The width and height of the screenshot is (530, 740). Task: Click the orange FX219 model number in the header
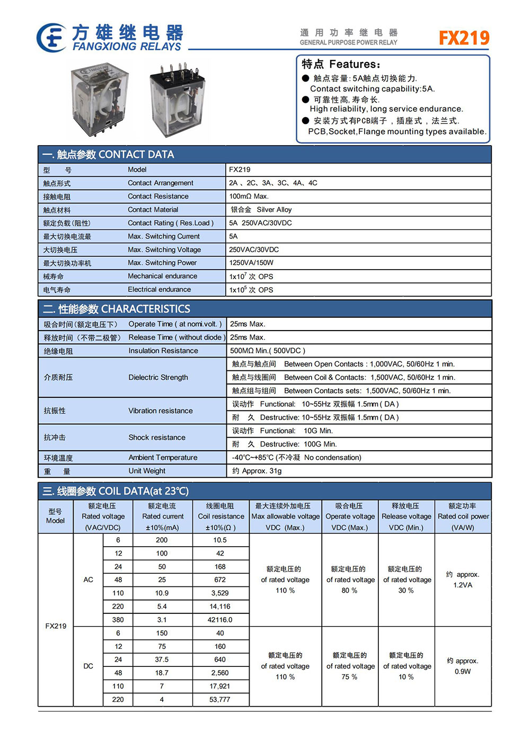(x=464, y=38)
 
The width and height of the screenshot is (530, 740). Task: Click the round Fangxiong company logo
(x=51, y=38)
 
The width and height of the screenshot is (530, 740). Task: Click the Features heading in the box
(x=341, y=65)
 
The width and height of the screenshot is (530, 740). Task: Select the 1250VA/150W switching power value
(x=251, y=263)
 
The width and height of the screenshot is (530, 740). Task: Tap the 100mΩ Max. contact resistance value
(x=249, y=197)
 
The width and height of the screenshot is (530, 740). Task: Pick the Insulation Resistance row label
(x=163, y=351)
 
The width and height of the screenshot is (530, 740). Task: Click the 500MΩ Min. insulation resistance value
(x=267, y=351)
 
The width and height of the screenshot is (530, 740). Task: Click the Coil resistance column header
(x=220, y=516)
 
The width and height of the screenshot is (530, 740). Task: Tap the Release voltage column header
(x=406, y=516)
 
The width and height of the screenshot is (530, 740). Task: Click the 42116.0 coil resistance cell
(x=220, y=620)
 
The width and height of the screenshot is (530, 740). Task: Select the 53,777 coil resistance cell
(x=220, y=700)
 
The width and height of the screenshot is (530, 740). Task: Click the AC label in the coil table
(x=89, y=580)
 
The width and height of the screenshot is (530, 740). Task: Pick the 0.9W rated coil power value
(x=462, y=672)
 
